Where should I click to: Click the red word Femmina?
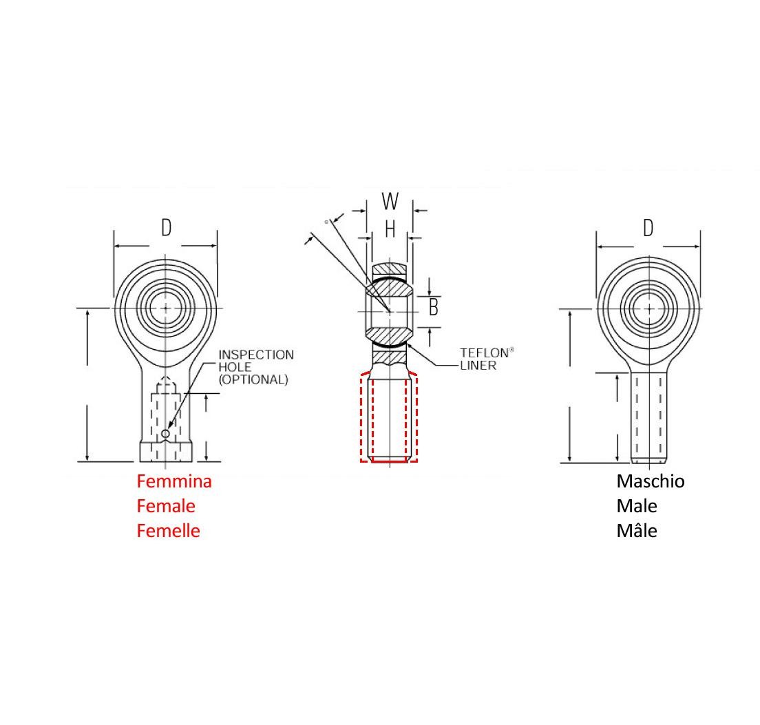click(174, 481)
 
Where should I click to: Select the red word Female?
click(166, 506)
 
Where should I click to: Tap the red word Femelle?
click(169, 531)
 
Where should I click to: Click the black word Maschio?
click(651, 481)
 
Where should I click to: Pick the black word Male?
click(637, 506)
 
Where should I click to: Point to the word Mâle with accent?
click(637, 531)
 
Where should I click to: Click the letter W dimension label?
click(390, 202)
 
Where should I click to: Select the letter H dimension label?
click(390, 229)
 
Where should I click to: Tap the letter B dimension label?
click(433, 308)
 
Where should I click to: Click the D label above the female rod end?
click(166, 228)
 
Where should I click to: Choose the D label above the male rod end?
click(648, 228)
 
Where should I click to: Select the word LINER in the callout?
click(478, 366)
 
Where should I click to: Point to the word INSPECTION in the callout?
click(256, 355)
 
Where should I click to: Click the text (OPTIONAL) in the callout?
click(253, 379)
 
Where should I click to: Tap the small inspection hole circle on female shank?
click(165, 433)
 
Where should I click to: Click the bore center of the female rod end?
click(166, 308)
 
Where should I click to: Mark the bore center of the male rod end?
click(649, 308)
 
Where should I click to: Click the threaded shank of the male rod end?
click(649, 417)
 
